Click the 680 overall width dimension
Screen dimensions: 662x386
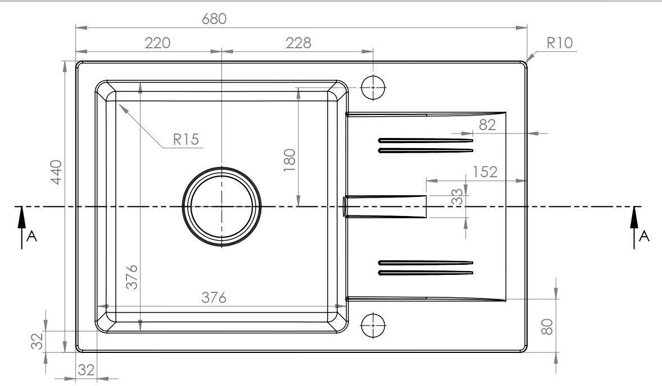point(214,19)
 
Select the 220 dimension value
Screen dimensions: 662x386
point(157,43)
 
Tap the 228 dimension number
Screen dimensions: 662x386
point(298,43)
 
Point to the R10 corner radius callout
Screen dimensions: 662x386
point(560,43)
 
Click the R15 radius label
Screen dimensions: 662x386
point(186,139)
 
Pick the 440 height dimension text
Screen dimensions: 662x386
point(56,172)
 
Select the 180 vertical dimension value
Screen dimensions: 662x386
point(289,160)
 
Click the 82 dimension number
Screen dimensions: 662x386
point(487,125)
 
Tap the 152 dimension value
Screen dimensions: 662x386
point(484,172)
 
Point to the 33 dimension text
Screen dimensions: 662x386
point(457,197)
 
